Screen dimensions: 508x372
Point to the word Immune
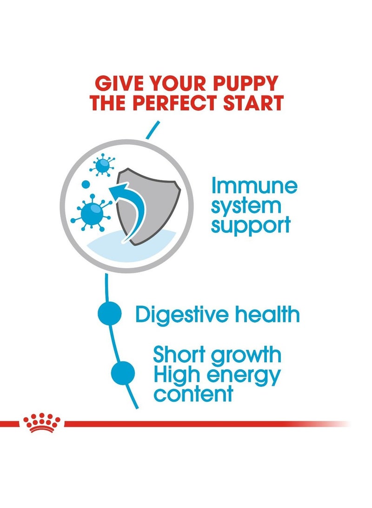tap(254, 186)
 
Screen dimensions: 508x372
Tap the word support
tap(251, 226)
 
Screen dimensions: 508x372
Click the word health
tap(271, 315)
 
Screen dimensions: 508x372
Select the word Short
tap(179, 355)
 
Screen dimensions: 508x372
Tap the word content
tap(193, 394)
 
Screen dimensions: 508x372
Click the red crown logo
tap(42, 422)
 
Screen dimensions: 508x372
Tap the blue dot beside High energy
tap(123, 373)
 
